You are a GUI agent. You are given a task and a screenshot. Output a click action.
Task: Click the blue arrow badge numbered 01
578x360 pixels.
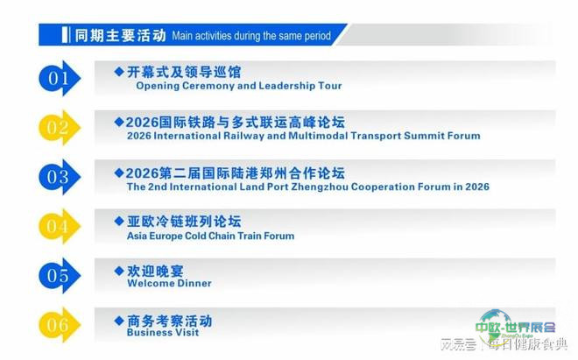[x=59, y=78]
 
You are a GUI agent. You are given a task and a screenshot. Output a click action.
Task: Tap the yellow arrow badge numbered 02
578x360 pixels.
[x=59, y=128]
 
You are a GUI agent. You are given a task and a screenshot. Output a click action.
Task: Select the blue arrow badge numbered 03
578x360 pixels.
[x=59, y=177]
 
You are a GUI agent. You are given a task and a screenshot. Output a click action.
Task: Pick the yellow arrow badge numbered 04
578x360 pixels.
[x=59, y=226]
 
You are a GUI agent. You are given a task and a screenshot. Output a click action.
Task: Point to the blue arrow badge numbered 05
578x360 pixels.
[x=59, y=276]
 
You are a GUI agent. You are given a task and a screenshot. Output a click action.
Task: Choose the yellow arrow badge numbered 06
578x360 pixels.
[x=59, y=325]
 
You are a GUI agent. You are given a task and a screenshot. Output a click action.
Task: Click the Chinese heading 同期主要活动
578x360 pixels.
[x=120, y=35]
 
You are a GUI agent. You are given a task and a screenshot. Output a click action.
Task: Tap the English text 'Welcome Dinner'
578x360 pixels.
[x=169, y=283]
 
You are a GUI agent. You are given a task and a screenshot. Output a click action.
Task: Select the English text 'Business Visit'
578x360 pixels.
[x=163, y=332]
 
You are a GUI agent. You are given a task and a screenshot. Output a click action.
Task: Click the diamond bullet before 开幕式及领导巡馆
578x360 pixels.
[x=119, y=71]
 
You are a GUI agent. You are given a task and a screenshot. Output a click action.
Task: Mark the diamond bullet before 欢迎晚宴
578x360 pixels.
[x=119, y=271]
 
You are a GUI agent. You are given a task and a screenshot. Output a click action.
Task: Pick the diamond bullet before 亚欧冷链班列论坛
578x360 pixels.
[x=119, y=221]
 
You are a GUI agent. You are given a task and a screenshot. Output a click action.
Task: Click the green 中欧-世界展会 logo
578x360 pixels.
[x=515, y=326]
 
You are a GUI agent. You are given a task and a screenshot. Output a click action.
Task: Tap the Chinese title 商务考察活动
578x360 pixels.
[x=170, y=321]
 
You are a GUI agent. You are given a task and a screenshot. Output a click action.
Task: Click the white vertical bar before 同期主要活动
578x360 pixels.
[x=65, y=35]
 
